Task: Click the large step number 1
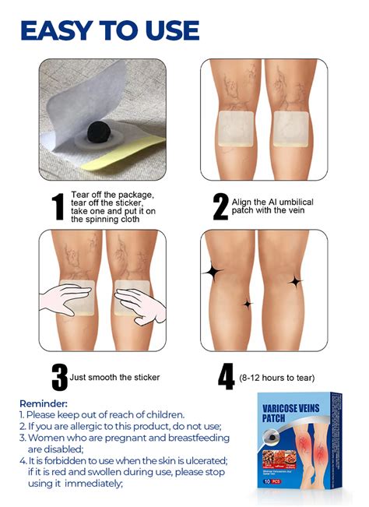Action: tap(58, 207)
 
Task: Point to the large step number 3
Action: tap(59, 377)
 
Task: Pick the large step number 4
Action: tap(226, 377)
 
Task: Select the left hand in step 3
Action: tap(66, 299)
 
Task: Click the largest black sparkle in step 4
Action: tap(212, 272)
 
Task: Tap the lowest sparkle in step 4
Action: tap(247, 304)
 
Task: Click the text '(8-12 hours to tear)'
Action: tap(276, 378)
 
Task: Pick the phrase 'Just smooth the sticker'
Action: tap(115, 378)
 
